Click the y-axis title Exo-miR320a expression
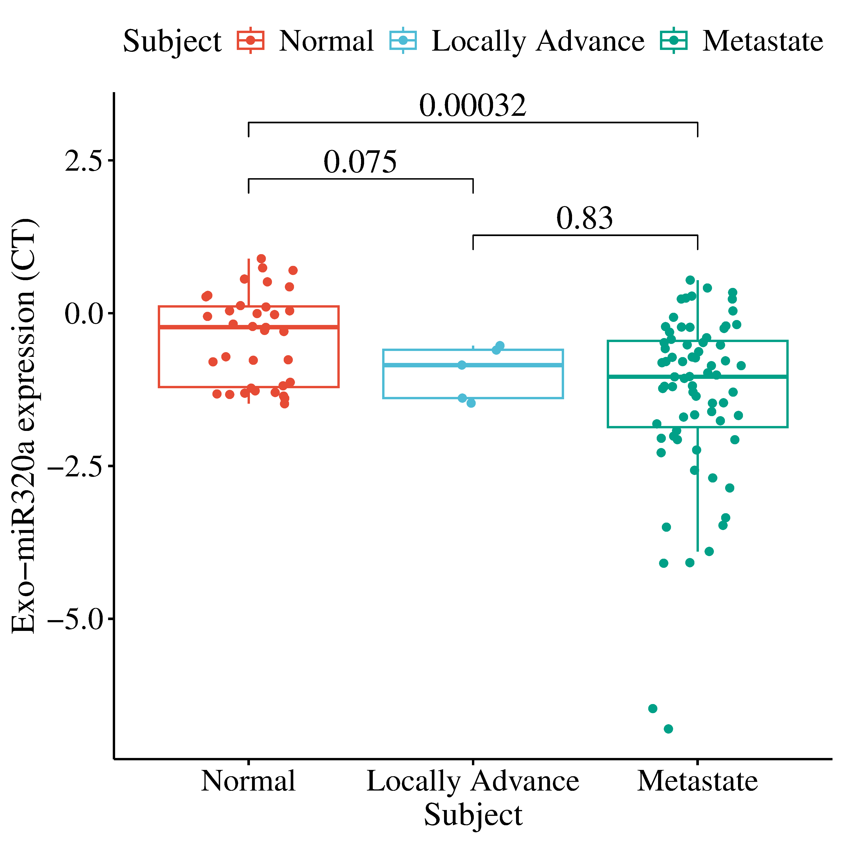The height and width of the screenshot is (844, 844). [x=24, y=426]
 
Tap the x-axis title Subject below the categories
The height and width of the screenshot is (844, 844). [x=473, y=815]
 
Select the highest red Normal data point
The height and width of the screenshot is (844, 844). [x=261, y=259]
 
